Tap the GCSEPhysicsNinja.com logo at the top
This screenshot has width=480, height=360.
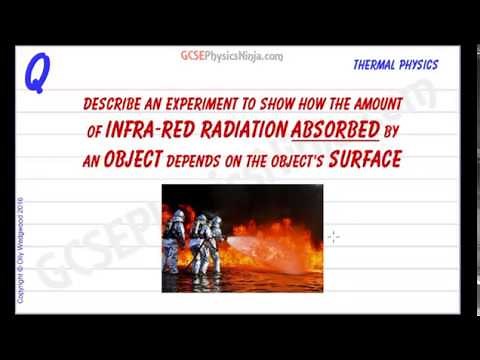tap(231, 57)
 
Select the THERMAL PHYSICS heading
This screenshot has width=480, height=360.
tap(395, 65)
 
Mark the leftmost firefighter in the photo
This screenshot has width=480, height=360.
tap(176, 240)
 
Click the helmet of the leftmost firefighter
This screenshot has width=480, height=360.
tap(177, 215)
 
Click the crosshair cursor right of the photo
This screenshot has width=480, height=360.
tap(333, 236)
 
